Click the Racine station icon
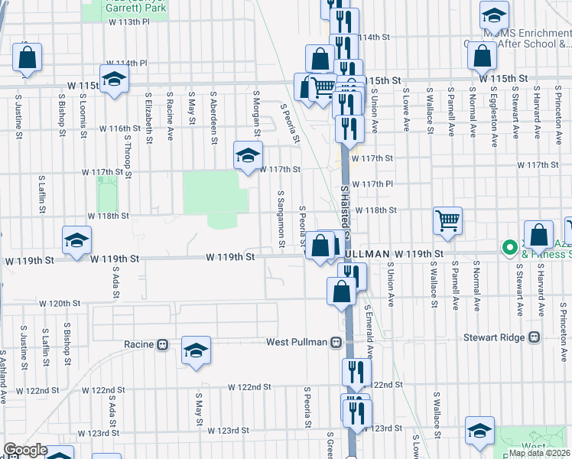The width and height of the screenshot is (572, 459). pyautogui.click(x=162, y=345)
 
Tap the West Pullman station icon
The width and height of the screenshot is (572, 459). pyautogui.click(x=336, y=343)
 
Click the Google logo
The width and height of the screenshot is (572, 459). pyautogui.click(x=25, y=450)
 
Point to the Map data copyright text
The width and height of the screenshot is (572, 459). pyautogui.click(x=539, y=453)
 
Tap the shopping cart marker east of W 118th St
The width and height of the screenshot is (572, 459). pyautogui.click(x=447, y=221)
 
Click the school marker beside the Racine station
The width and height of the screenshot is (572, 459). pyautogui.click(x=196, y=350)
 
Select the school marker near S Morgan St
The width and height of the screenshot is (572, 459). pyautogui.click(x=247, y=155)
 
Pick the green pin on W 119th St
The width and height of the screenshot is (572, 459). pyautogui.click(x=509, y=247)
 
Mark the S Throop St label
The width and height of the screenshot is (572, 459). pyautogui.click(x=128, y=161)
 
